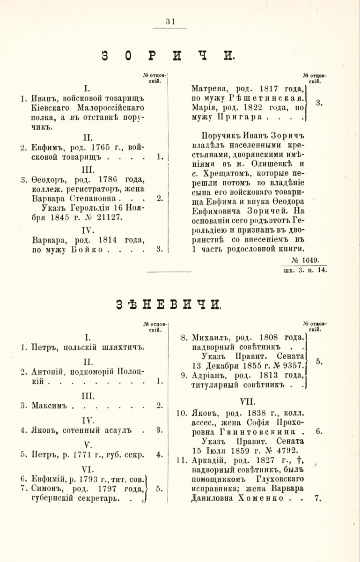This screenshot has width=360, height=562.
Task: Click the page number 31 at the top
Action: click(169, 21)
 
